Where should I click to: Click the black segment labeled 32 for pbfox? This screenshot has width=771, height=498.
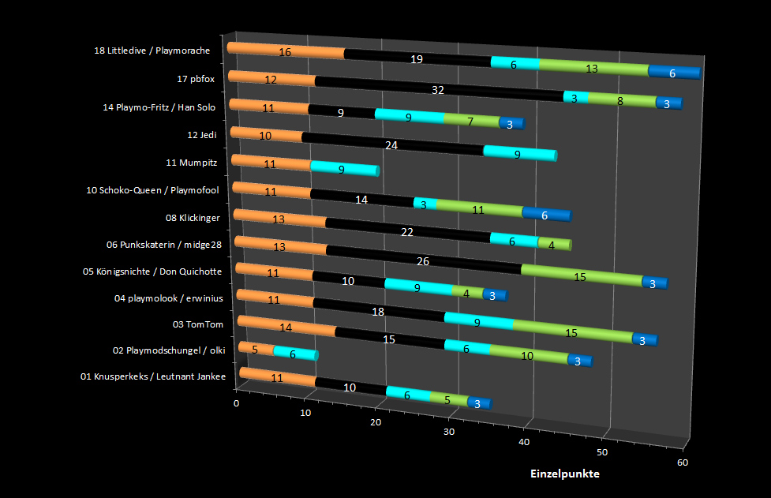pyautogui.click(x=438, y=89)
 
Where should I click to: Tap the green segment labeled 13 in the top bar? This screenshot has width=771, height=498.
pyautogui.click(x=592, y=69)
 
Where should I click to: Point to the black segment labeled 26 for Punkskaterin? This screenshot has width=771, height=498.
pyautogui.click(x=422, y=260)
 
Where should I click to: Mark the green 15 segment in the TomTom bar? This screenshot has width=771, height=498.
pyautogui.click(x=571, y=332)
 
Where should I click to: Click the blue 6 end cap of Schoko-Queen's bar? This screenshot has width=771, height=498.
pyautogui.click(x=546, y=214)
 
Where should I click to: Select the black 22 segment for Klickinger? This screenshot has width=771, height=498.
pyautogui.click(x=406, y=231)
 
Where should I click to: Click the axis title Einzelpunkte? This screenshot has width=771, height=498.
pyautogui.click(x=565, y=474)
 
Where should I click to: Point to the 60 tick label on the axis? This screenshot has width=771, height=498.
pyautogui.click(x=682, y=462)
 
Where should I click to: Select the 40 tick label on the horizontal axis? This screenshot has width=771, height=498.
pyautogui.click(x=523, y=442)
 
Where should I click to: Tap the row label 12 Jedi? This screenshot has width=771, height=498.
pyautogui.click(x=202, y=135)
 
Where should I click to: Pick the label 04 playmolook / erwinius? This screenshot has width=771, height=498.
pyautogui.click(x=168, y=298)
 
